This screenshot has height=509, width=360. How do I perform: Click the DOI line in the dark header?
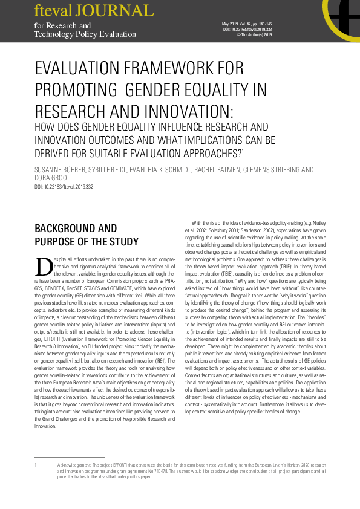(248, 29)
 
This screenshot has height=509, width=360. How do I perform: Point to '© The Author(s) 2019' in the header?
(254, 35)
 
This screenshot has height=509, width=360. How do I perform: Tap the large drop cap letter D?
(44, 265)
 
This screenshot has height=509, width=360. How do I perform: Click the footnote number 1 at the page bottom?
(36, 465)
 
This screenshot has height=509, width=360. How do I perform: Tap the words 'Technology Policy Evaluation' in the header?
(85, 34)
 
